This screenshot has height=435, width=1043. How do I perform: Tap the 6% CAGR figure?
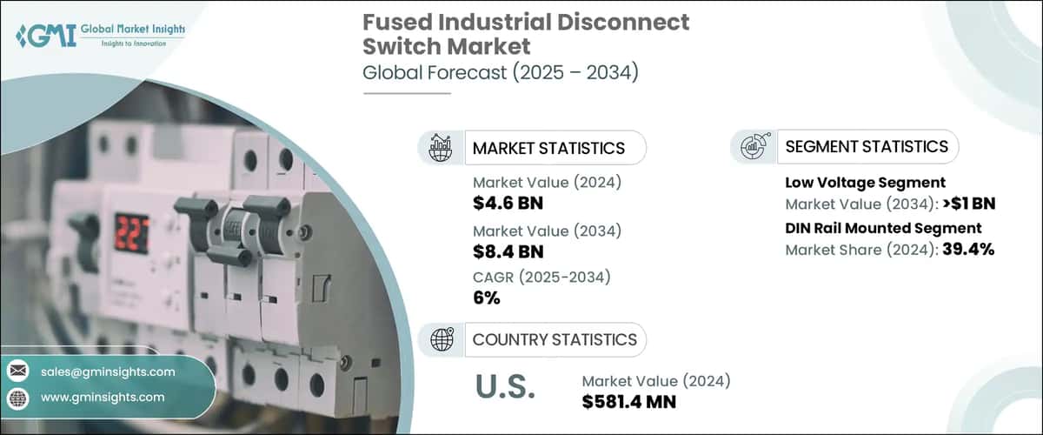coord(488,298)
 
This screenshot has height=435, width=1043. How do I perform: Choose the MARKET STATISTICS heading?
coord(548,148)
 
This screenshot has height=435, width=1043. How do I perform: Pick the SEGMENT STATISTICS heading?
coord(867,146)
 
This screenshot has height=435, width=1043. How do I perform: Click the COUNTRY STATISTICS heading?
coord(555,339)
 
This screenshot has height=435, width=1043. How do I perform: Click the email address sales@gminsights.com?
coord(107,371)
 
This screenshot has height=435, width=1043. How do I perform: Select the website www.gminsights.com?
coord(102,397)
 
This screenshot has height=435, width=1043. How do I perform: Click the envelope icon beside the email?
coord(17,371)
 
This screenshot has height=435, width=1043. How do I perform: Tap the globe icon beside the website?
coord(17,397)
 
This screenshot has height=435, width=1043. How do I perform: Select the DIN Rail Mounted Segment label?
coord(883,228)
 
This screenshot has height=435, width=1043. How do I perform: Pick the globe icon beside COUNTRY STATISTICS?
coord(442,339)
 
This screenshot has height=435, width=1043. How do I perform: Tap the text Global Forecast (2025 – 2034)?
coord(501,73)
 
